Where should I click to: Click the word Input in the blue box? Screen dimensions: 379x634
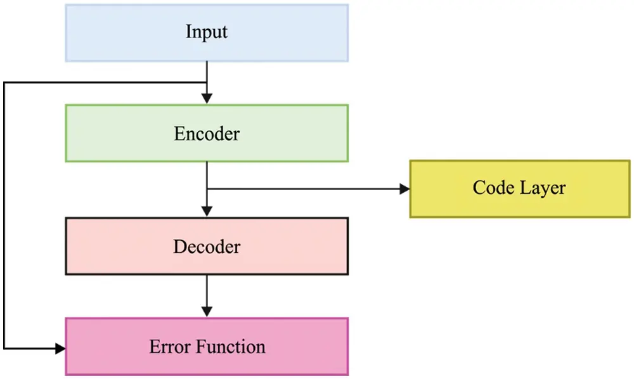click(207, 32)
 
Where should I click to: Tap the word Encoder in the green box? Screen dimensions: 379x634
click(207, 134)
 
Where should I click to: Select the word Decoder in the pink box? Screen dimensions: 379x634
click(207, 246)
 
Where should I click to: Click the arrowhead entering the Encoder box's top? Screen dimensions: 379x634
click(207, 99)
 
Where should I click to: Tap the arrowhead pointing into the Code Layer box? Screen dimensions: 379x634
click(404, 188)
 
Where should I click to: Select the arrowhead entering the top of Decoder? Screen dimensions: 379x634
click(207, 212)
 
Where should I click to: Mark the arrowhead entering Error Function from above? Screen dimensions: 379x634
click(207, 312)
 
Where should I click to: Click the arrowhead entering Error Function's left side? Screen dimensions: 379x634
click(60, 349)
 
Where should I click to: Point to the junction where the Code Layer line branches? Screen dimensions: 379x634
click(207, 188)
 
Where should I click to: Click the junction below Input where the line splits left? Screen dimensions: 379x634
click(207, 82)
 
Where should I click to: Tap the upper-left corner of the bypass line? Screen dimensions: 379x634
click(4, 82)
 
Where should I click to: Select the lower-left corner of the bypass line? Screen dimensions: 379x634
click(4, 349)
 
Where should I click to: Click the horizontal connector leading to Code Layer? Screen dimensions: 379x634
click(304, 188)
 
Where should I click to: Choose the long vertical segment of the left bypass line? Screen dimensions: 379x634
click(4, 215)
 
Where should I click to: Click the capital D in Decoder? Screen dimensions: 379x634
click(179, 246)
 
